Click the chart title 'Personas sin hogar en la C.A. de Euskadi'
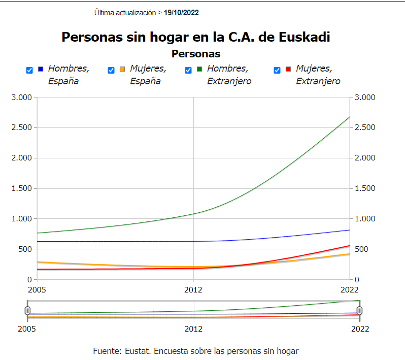(196, 37)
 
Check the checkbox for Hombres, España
(29, 71)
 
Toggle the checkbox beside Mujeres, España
(111, 71)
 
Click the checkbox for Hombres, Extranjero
(188, 71)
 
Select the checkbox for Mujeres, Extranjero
(277, 71)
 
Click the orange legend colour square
(122, 69)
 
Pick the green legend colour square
(199, 69)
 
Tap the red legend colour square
(288, 69)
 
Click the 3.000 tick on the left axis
(21, 97)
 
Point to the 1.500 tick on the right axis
(365, 188)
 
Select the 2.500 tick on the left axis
(21, 127)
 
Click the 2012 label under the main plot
(193, 290)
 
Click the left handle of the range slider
(27, 310)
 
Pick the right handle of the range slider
(359, 310)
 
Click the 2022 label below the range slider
(360, 329)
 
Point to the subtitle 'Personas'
(196, 53)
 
